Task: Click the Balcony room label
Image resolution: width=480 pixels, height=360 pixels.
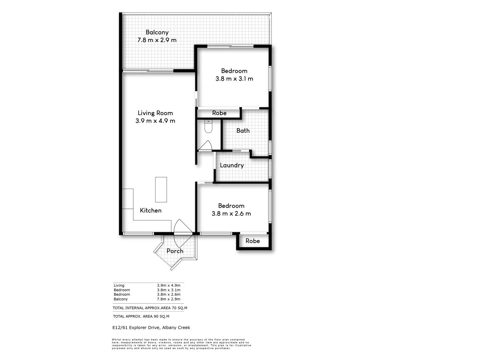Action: (x=157, y=32)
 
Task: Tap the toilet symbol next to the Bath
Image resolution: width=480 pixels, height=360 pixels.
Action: (x=208, y=127)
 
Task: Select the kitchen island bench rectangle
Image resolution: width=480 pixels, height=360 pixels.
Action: (x=161, y=189)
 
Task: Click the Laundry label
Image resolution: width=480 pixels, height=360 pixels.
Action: (x=232, y=165)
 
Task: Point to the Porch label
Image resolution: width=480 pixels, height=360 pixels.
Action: (x=175, y=251)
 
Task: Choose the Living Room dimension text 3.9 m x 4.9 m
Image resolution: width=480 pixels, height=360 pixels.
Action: (x=155, y=121)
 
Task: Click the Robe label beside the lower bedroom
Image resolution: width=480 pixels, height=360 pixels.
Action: (x=253, y=241)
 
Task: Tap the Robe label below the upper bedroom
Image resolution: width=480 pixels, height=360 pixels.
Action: (x=219, y=113)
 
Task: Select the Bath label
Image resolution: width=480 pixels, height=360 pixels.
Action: (x=243, y=131)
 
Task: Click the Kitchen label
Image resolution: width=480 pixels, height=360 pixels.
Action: (x=151, y=210)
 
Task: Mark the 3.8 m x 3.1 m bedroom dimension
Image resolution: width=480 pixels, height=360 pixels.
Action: (x=234, y=79)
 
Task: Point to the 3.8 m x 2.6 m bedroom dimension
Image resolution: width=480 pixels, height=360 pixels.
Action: (x=231, y=214)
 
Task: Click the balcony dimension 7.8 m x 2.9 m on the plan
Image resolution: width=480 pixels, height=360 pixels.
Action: (x=157, y=40)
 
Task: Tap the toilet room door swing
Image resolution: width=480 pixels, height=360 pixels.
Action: (x=205, y=146)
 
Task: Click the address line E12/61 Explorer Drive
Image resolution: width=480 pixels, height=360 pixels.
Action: (x=151, y=328)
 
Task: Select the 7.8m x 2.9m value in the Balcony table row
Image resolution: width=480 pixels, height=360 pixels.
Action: (x=169, y=299)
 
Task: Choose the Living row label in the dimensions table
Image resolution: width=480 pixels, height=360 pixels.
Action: (x=119, y=285)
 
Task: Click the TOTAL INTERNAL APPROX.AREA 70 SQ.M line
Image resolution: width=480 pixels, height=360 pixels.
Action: (x=150, y=308)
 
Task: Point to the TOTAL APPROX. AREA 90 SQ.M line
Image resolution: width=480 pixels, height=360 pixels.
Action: (x=141, y=316)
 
